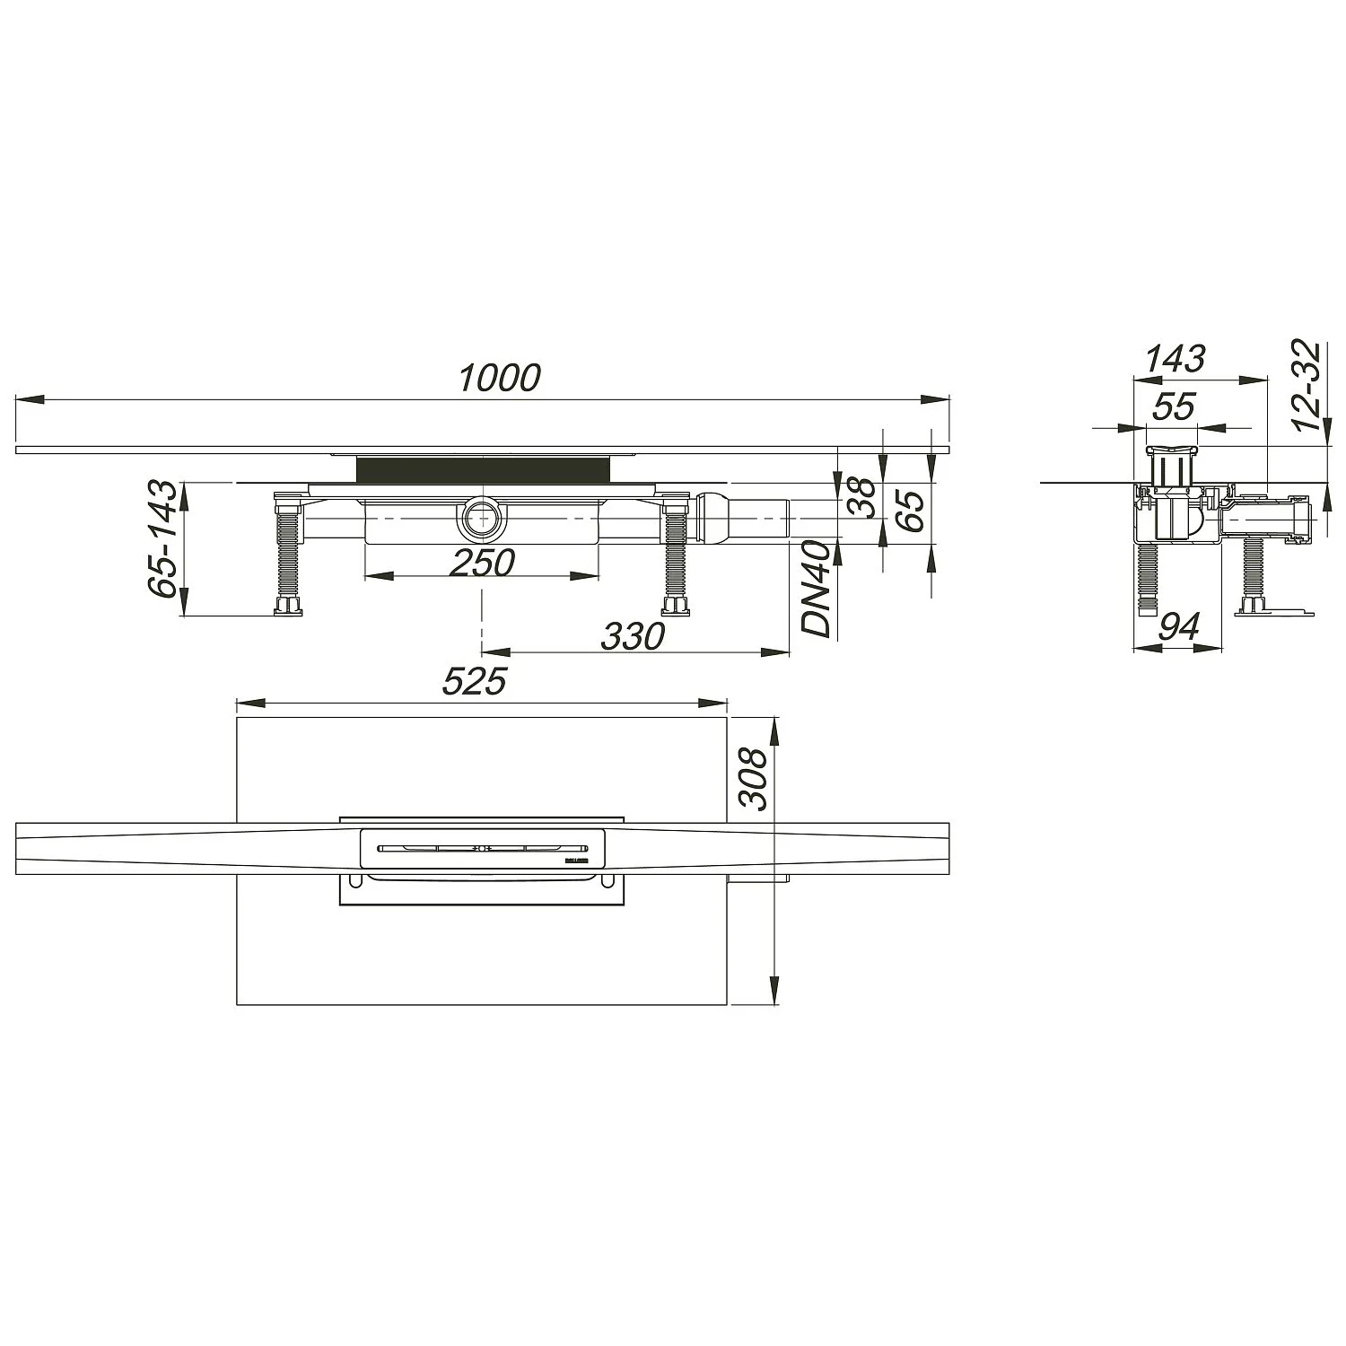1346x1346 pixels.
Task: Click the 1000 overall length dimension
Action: point(500,379)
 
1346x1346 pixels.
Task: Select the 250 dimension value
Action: point(482,563)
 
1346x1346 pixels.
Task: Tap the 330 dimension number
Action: point(634,636)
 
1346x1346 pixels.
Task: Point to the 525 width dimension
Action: point(475,682)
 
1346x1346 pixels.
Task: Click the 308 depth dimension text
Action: point(754,779)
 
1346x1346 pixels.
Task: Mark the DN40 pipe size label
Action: point(817,589)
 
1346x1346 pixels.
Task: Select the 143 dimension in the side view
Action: point(1176,359)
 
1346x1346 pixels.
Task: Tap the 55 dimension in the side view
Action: point(1174,406)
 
